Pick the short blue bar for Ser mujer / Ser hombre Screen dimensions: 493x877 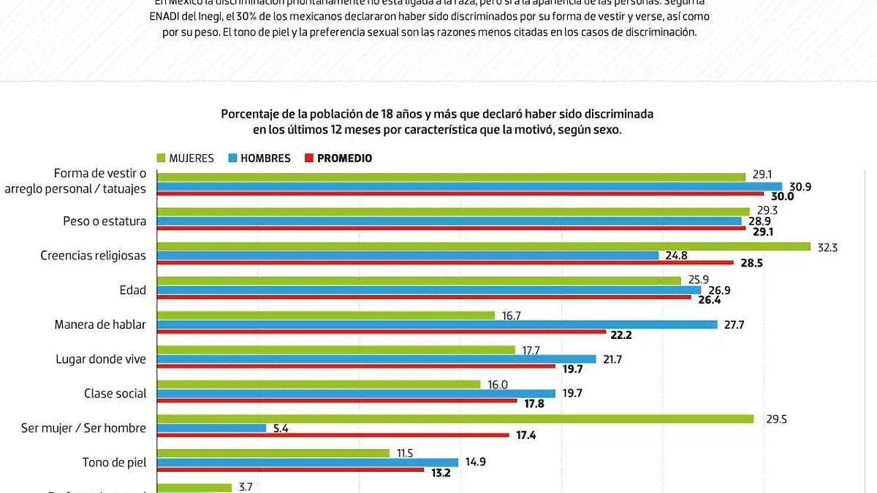point(212,428)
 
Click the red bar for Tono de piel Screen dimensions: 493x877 point(291,470)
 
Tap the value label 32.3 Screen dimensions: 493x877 point(827,247)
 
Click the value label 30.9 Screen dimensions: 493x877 point(800,187)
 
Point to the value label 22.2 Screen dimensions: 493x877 point(622,334)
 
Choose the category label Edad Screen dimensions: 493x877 point(133,290)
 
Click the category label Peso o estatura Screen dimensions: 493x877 point(105,221)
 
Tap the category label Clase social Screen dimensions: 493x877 point(115,394)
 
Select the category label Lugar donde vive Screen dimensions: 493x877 point(101,359)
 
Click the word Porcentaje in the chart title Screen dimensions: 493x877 point(253,114)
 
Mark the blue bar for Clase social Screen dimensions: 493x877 point(357,394)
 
